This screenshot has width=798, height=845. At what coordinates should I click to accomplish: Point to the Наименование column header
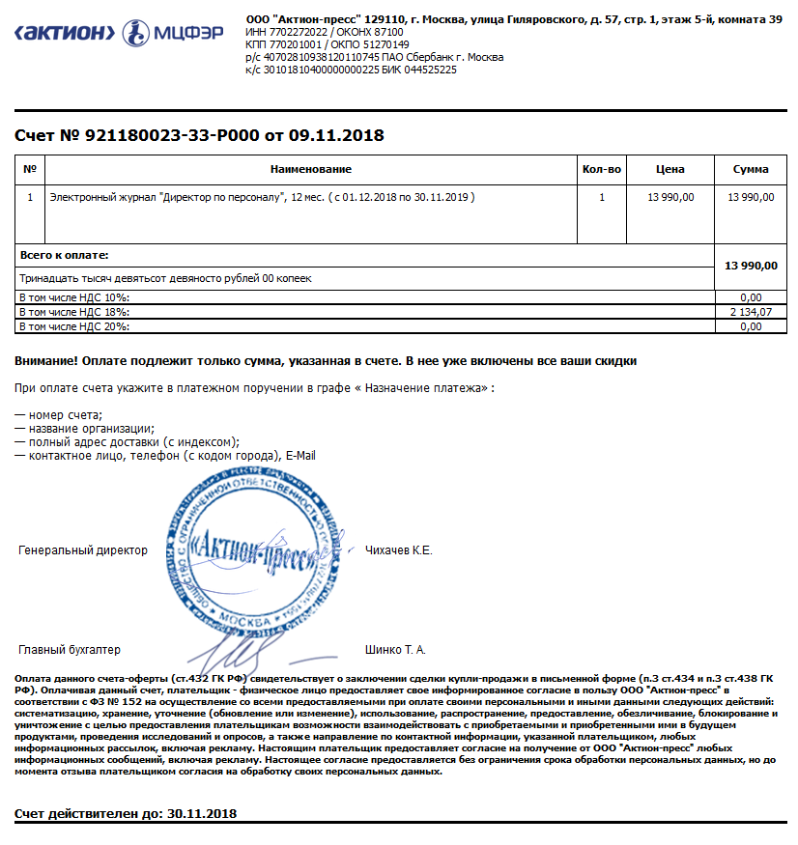(x=311, y=170)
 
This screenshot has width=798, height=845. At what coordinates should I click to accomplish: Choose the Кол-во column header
(x=602, y=170)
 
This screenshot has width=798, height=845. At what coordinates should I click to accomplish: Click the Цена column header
(x=670, y=170)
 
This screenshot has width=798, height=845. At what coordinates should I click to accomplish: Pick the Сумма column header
(x=751, y=170)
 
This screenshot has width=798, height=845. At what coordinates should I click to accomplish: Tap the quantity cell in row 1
(x=602, y=197)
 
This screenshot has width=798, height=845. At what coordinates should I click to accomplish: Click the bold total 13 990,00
(x=751, y=266)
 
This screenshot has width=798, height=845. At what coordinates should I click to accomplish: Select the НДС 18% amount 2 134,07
(x=752, y=312)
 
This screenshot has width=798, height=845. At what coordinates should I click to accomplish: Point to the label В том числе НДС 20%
(x=73, y=326)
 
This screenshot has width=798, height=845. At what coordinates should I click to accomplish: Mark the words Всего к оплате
(x=64, y=255)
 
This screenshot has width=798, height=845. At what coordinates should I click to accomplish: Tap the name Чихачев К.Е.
(x=399, y=550)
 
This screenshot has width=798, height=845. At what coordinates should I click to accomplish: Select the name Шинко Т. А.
(x=395, y=650)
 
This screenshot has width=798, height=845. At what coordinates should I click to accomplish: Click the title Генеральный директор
(x=83, y=550)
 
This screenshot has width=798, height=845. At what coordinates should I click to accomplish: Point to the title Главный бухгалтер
(x=70, y=650)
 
